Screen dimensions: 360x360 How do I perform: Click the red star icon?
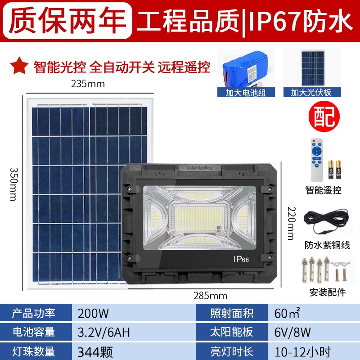[19, 66]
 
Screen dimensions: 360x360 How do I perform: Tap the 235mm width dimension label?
[88, 84]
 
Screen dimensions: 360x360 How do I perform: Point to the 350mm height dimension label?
[13, 184]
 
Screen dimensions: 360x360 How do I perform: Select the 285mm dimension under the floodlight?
[210, 296]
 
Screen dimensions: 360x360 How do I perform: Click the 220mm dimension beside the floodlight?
[292, 223]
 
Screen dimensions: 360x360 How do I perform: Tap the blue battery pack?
[245, 69]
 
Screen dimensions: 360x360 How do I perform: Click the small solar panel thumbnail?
[313, 68]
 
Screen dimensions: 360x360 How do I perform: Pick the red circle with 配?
[324, 116]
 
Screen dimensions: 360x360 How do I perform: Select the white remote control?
[317, 160]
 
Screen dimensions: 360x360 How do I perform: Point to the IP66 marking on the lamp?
[241, 259]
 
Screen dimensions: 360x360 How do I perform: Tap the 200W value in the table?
[93, 313]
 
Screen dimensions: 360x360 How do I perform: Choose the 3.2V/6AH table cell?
[103, 332]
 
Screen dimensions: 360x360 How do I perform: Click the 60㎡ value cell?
[287, 313]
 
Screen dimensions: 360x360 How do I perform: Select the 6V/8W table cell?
[292, 332]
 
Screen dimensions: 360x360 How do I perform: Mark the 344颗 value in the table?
[95, 352]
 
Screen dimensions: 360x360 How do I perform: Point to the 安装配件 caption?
[328, 292]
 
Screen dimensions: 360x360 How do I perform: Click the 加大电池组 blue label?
[246, 93]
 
